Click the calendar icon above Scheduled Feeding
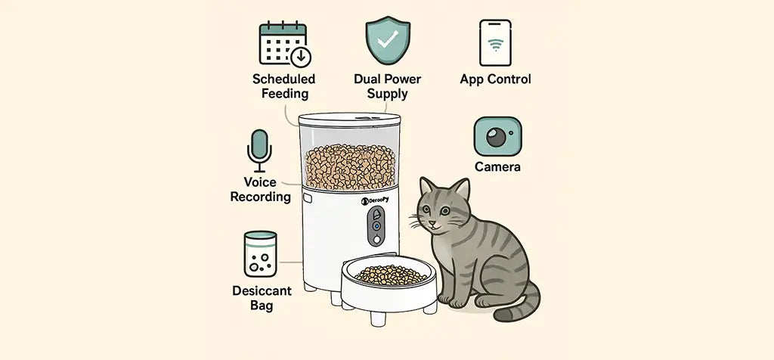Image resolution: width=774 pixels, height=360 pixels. click(x=285, y=43)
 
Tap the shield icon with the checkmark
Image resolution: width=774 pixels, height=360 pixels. click(x=388, y=42)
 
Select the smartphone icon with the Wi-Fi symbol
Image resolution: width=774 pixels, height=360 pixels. click(x=495, y=42)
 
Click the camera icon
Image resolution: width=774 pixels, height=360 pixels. click(x=497, y=136)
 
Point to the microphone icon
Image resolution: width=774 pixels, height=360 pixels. click(x=259, y=151)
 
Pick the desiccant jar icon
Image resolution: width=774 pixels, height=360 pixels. click(x=260, y=254)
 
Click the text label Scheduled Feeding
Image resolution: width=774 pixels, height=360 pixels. click(x=284, y=86)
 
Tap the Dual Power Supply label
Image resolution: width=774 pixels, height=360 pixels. click(x=388, y=86)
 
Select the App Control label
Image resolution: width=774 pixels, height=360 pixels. click(x=495, y=79)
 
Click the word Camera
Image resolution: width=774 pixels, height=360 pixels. click(x=497, y=167)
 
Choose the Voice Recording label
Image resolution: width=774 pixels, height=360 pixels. click(x=261, y=190)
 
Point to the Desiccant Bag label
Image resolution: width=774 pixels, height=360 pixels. click(x=262, y=298)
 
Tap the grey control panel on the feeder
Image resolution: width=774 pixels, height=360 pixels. click(x=376, y=225)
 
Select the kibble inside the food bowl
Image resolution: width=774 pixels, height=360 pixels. click(x=391, y=275)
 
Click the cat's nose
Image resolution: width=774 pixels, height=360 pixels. click(x=432, y=224)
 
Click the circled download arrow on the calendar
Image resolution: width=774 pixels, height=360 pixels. click(x=301, y=57)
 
